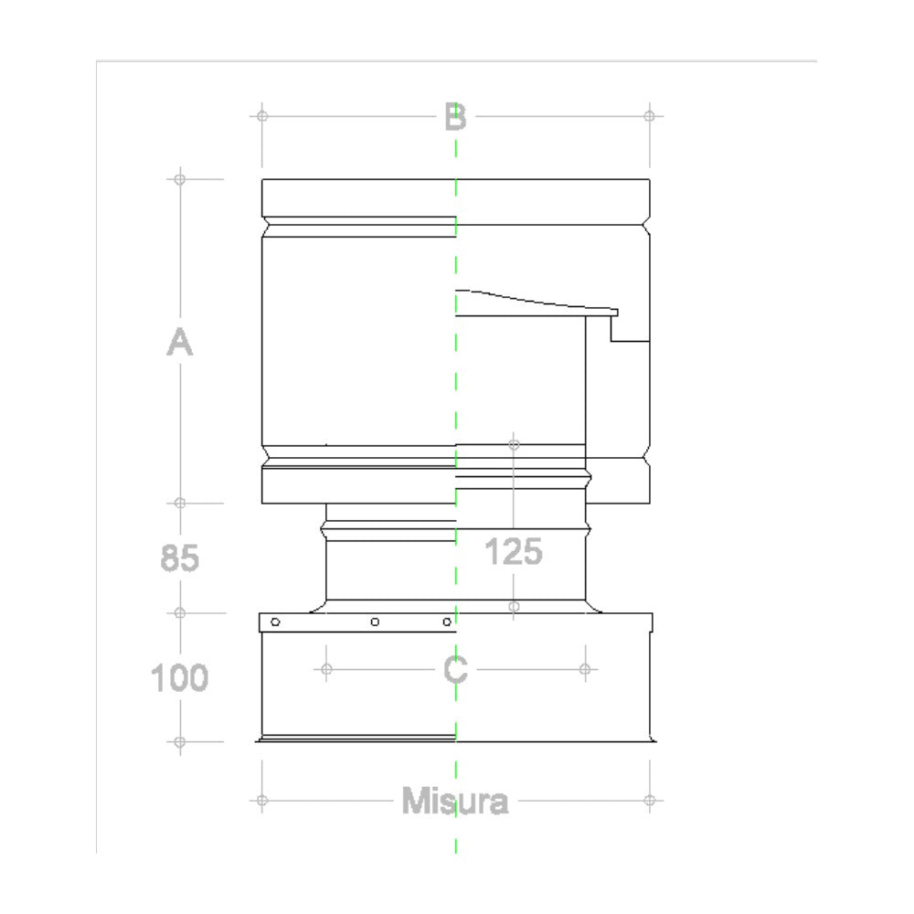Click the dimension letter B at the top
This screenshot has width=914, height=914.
[x=455, y=117]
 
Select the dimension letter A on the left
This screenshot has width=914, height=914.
[x=180, y=343]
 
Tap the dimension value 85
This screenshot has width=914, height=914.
[x=180, y=558]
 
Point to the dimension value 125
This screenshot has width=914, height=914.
[x=513, y=551]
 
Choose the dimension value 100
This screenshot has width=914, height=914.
[x=180, y=677]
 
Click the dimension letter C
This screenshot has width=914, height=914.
[x=455, y=670]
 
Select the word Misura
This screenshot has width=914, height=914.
[x=455, y=802]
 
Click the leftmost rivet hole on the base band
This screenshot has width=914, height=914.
[x=275, y=622]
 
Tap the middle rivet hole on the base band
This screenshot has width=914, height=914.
[x=375, y=622]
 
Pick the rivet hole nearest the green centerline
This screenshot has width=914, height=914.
[x=447, y=622]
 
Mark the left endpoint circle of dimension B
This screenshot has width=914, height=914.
[x=262, y=116]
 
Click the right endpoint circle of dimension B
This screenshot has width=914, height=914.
[x=649, y=116]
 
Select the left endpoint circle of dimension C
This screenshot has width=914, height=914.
[x=326, y=669]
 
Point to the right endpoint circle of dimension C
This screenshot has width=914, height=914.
[x=584, y=669]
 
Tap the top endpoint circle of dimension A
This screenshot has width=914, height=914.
[x=180, y=179]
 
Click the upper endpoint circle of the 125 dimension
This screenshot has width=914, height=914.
[x=514, y=445]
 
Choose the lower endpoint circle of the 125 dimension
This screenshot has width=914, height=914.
[x=514, y=606]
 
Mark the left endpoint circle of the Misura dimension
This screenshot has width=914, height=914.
[x=262, y=801]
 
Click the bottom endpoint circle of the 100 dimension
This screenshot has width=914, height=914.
[x=180, y=741]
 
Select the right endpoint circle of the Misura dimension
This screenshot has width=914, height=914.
[x=649, y=801]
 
